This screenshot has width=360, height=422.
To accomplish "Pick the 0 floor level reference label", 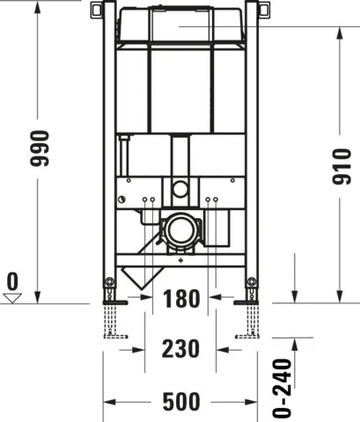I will pyautogui.click(x=11, y=281).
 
